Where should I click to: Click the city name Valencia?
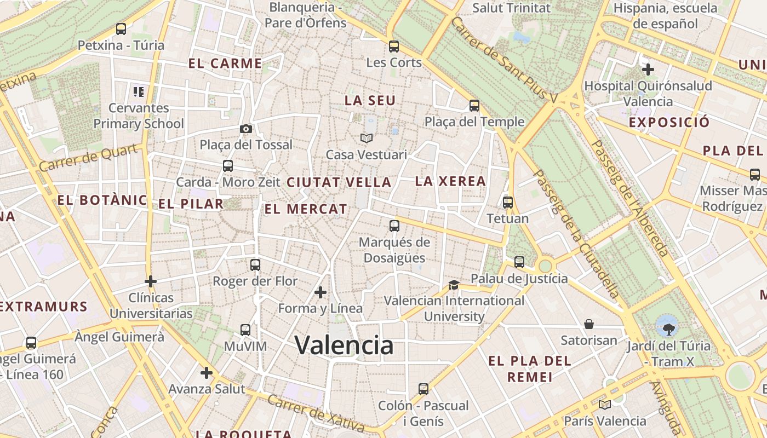click(x=344, y=345)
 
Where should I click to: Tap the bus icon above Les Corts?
click(x=394, y=47)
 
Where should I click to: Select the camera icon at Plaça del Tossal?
click(x=246, y=129)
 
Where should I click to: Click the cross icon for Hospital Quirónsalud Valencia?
click(x=648, y=70)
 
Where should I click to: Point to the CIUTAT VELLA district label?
click(x=339, y=182)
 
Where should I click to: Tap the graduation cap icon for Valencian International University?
click(x=454, y=285)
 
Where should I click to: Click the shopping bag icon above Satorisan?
click(x=589, y=324)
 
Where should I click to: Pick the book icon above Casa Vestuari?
click(x=366, y=139)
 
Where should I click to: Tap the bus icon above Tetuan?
click(x=508, y=203)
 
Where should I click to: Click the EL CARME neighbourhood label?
click(x=225, y=64)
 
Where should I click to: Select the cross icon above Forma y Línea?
click(x=320, y=292)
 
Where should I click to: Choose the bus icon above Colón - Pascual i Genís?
click(x=423, y=389)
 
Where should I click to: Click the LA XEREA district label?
click(x=450, y=181)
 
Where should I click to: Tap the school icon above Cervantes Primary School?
click(x=138, y=91)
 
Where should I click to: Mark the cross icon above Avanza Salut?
click(x=206, y=373)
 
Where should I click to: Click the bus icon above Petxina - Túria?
click(x=121, y=29)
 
